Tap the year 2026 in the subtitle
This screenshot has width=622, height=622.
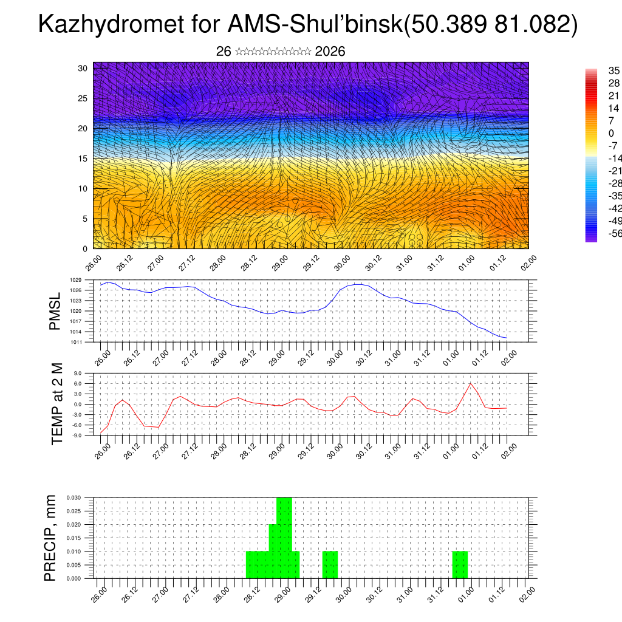point(330,52)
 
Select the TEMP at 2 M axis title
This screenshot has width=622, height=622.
point(57,404)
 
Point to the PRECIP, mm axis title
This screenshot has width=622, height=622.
point(51,538)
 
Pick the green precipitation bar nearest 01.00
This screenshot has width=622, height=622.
point(460,565)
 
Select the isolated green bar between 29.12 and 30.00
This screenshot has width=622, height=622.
point(330,565)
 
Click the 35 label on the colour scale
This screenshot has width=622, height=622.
point(613,71)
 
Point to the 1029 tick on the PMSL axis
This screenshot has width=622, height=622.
point(75,280)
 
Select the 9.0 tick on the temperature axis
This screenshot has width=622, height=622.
point(78,373)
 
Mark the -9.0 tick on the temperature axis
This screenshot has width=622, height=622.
point(77,436)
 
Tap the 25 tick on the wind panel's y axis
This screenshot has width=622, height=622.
point(83,98)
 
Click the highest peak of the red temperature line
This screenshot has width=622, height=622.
point(470,383)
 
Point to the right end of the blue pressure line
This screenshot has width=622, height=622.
point(507,338)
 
